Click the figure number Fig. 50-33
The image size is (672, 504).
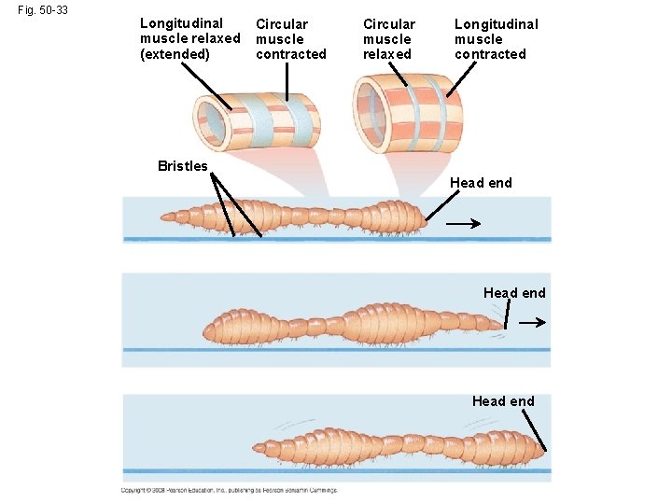pos(42,10)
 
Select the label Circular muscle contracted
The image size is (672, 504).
pos(291,39)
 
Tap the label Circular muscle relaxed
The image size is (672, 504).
pos(388,39)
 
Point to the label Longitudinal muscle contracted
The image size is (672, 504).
pos(495,39)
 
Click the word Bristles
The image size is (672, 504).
pos(183,166)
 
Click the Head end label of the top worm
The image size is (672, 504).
pos(481,183)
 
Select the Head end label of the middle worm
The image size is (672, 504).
pos(514,293)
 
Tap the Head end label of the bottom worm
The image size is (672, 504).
pos(503,401)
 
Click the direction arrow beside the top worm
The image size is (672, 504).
pos(463,224)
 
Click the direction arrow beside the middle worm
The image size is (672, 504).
pos(532,322)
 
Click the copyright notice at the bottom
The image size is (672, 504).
pos(229,490)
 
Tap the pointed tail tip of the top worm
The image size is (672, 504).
pos(162,217)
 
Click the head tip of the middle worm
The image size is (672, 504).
pos(504,325)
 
